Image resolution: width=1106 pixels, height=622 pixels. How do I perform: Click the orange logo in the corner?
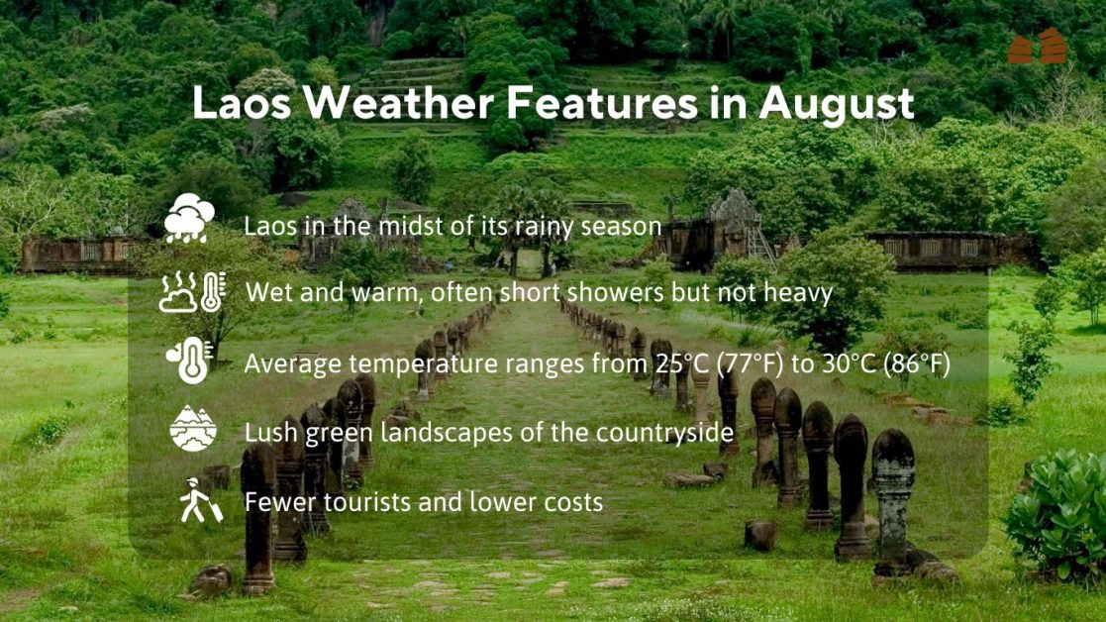(x=1037, y=47)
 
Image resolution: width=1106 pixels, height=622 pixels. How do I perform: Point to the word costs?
(x=573, y=502)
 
